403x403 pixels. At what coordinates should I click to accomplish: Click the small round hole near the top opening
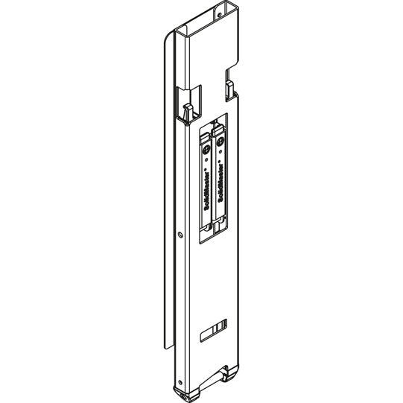220,13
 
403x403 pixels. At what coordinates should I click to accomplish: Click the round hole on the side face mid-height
181,235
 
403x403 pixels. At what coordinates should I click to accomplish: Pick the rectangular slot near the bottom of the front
217,328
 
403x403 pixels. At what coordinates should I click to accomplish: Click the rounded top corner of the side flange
165,37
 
